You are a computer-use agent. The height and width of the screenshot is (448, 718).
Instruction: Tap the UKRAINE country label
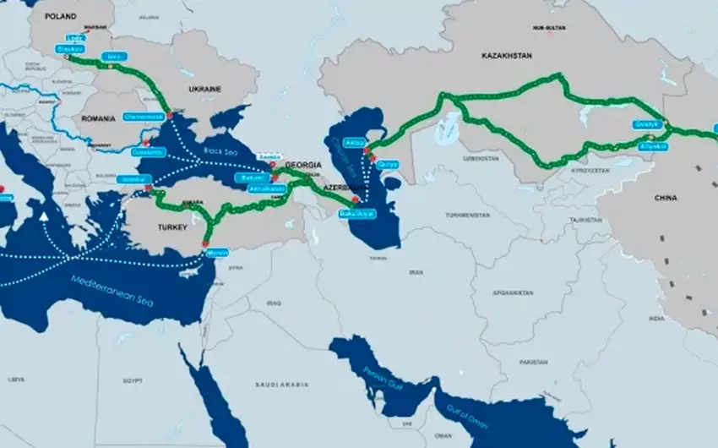(x=204, y=89)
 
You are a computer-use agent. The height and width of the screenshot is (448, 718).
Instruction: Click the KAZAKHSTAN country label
(x=506, y=55)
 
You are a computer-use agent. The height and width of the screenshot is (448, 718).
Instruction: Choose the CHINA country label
(x=666, y=198)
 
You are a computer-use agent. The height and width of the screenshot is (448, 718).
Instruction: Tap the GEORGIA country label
(x=304, y=164)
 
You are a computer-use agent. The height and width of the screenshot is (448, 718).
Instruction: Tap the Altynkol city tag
(x=654, y=146)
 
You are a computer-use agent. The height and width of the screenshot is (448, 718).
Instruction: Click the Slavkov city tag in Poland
(x=69, y=49)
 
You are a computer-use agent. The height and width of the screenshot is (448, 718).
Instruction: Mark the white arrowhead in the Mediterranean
(x=42, y=216)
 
